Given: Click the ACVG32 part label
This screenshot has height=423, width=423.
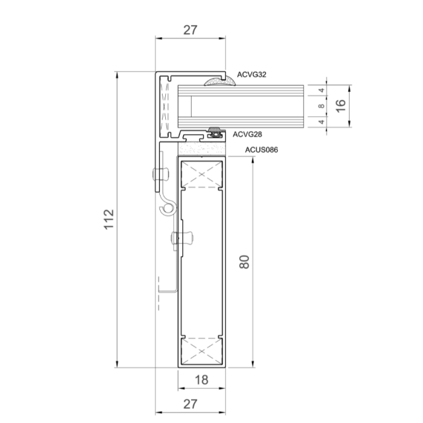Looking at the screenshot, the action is click(x=251, y=75).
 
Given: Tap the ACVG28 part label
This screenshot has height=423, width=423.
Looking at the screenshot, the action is click(x=247, y=134).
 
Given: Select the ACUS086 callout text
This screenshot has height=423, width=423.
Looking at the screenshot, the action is click(x=261, y=150).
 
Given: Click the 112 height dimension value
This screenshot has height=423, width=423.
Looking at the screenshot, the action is click(x=109, y=219).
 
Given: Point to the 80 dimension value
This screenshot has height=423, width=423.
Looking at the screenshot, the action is click(x=245, y=262).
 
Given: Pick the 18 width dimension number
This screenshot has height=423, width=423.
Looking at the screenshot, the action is click(x=202, y=380).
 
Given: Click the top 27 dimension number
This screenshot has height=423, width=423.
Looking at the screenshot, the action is click(x=190, y=30).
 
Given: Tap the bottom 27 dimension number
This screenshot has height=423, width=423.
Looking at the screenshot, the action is click(x=190, y=404).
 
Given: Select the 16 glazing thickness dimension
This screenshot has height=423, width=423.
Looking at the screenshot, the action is click(x=341, y=106).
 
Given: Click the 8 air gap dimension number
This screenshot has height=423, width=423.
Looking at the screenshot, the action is click(x=321, y=106).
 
